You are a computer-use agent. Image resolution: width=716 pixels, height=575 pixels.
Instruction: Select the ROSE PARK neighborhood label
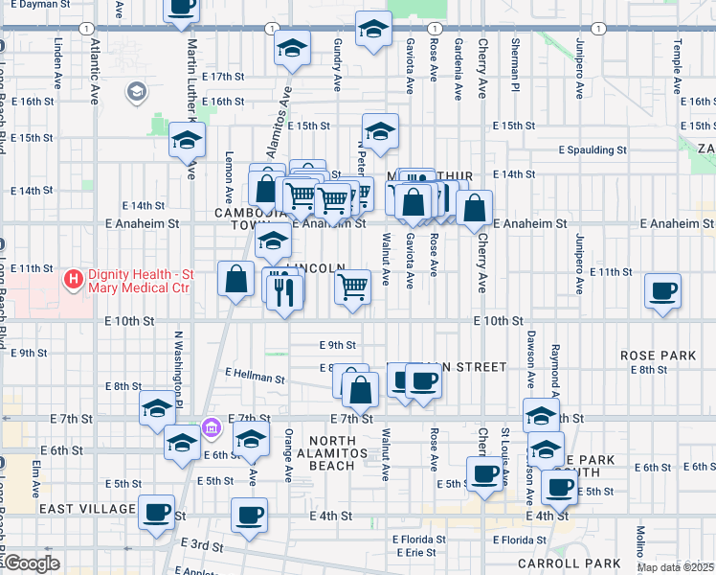click(658, 355)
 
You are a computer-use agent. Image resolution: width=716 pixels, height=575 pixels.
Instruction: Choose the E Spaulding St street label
click(593, 149)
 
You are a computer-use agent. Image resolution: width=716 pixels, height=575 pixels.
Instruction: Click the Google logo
click(32, 563)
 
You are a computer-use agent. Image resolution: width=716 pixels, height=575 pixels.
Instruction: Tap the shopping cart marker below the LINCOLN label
click(353, 285)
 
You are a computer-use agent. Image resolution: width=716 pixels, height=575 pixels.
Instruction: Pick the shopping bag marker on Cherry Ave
click(475, 207)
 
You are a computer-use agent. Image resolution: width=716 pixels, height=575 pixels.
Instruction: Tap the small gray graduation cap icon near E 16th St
click(136, 93)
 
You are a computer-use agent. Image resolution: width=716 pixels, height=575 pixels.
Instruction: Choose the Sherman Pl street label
click(514, 60)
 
